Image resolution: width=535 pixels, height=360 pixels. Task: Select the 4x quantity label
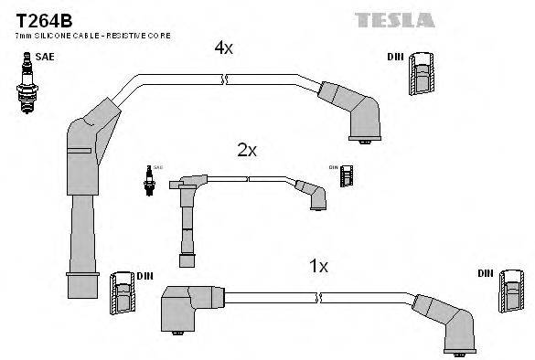click(224, 48)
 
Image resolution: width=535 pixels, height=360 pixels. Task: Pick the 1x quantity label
click(317, 267)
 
